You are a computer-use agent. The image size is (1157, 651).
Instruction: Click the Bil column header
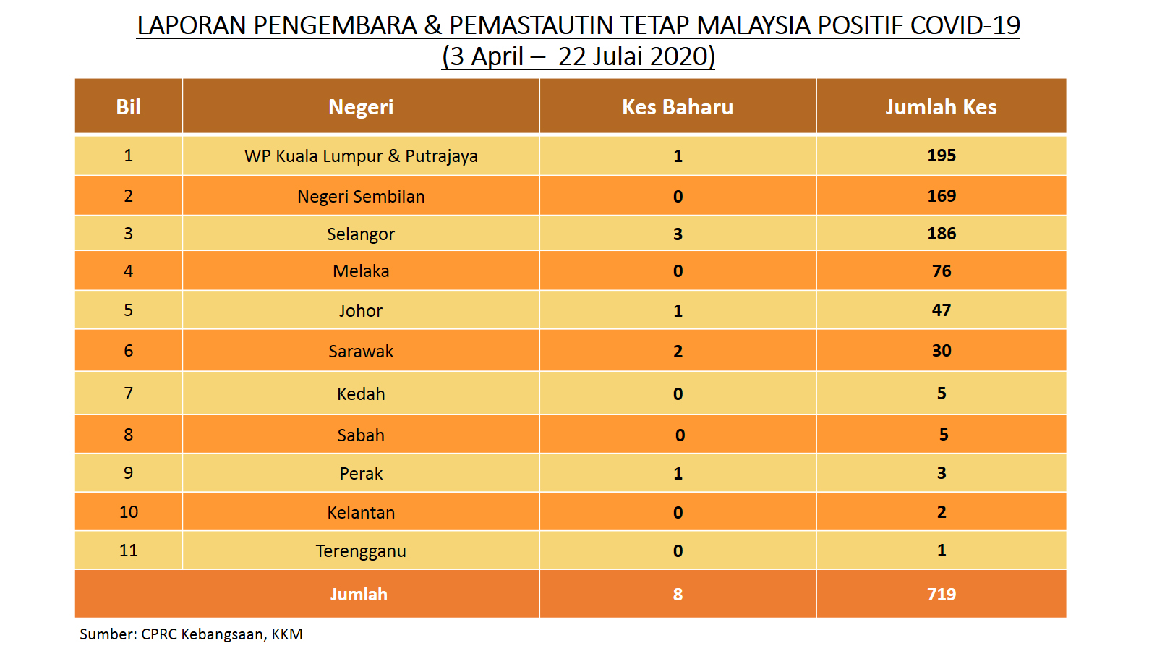pyautogui.click(x=128, y=107)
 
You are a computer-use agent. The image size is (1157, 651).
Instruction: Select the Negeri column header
pyautogui.click(x=361, y=108)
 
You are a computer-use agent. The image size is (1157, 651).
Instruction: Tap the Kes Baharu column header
pyautogui.click(x=677, y=107)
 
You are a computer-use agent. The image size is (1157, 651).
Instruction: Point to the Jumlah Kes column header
pyautogui.click(x=941, y=107)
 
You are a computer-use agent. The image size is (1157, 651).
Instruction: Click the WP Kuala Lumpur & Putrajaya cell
pyautogui.click(x=361, y=156)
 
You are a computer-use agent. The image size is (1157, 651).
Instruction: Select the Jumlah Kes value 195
pyautogui.click(x=941, y=156)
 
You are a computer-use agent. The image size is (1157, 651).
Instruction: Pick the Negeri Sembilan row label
pyautogui.click(x=361, y=197)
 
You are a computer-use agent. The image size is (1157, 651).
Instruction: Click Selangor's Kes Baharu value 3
pyautogui.click(x=678, y=234)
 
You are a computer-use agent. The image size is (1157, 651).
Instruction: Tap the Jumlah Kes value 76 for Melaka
pyautogui.click(x=941, y=271)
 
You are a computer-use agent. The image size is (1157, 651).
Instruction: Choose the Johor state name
pyautogui.click(x=361, y=310)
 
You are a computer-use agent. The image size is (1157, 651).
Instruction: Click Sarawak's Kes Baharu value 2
pyautogui.click(x=678, y=352)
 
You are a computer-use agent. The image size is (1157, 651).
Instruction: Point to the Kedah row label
pyautogui.click(x=361, y=394)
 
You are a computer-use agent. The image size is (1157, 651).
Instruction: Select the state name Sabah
pyautogui.click(x=361, y=435)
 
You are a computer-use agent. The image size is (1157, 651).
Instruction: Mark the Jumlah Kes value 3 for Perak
pyautogui.click(x=941, y=473)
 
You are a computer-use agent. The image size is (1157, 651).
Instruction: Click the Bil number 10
pyautogui.click(x=128, y=512)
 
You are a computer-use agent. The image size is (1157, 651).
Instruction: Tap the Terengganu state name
pyautogui.click(x=361, y=551)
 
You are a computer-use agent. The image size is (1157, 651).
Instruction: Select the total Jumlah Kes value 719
pyautogui.click(x=941, y=594)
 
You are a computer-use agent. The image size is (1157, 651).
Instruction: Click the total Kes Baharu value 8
pyautogui.click(x=678, y=594)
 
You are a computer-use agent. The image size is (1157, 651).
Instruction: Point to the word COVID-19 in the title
pyautogui.click(x=965, y=25)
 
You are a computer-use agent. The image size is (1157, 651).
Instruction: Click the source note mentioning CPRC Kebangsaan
pyautogui.click(x=191, y=634)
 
